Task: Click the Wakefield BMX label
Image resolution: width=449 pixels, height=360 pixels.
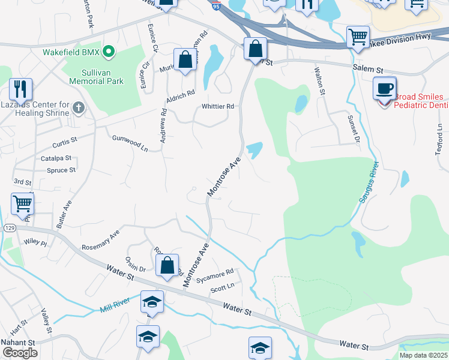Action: [71, 52]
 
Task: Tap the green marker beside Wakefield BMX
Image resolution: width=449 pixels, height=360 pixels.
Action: [109, 52]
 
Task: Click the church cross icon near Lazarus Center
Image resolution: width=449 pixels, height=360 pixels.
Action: [77, 108]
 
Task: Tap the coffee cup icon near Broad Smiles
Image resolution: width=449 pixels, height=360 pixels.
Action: [384, 89]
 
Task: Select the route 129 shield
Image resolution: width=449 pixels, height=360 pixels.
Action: [9, 229]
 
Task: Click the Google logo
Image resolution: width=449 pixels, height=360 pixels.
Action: [20, 352]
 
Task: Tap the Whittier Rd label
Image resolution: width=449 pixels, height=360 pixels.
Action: [217, 107]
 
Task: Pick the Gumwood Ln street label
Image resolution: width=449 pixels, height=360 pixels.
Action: [130, 142]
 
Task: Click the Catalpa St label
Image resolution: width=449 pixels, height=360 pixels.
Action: [56, 158]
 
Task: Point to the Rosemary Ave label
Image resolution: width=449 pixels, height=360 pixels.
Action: [101, 239]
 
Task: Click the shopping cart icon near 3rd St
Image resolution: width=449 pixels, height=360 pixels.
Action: [22, 204]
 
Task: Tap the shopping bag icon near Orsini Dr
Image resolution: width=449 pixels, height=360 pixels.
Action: [167, 264]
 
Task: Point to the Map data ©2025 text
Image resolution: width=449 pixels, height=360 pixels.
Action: [423, 355]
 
